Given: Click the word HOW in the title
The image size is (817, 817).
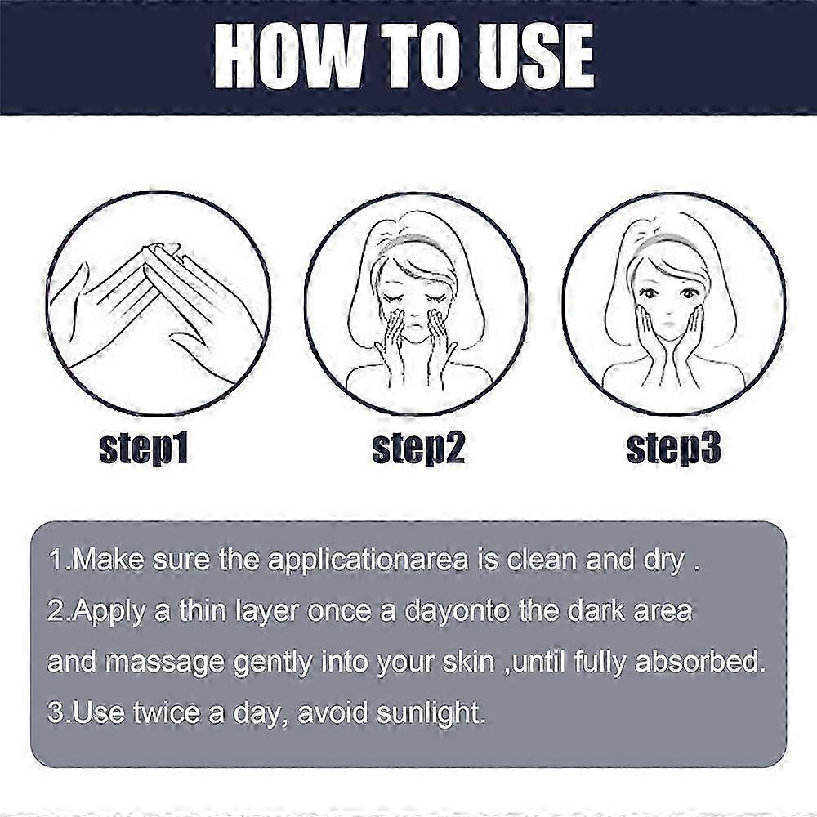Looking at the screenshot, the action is point(288,56).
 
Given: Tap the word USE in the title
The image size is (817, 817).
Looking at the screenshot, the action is point(537,56).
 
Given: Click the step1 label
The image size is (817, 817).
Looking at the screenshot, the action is point(144,448).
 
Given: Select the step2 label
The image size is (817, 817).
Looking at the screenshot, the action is point(418,448).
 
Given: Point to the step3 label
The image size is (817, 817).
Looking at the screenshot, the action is point(674,448).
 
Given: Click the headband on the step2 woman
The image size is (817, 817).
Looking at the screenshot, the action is point(412,243).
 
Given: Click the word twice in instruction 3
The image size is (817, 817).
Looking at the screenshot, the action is point(166,712).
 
